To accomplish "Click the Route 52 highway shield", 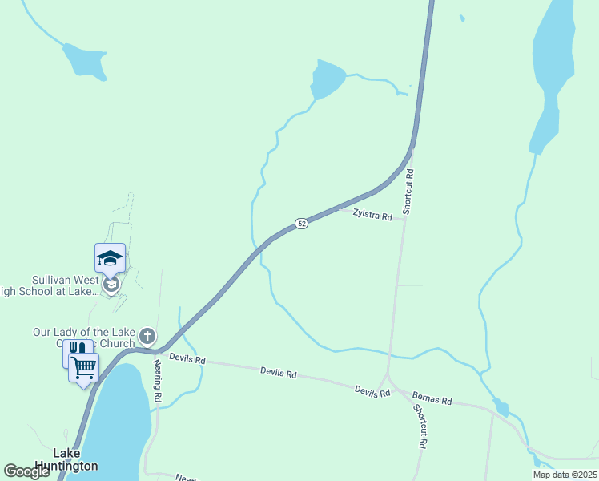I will (x=301, y=224).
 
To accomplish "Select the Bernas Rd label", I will (x=432, y=398).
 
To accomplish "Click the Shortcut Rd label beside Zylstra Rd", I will (x=408, y=192).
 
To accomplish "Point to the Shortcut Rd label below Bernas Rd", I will (x=420, y=425).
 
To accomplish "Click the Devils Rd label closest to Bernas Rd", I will (x=372, y=390).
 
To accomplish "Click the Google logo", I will (x=27, y=471).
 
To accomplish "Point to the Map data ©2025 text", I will (x=564, y=474).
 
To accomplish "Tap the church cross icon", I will (x=147, y=335).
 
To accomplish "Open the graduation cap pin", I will (x=110, y=258).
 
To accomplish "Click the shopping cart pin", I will (x=83, y=367).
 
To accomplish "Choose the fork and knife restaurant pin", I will (x=74, y=350).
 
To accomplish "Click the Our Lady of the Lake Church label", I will (x=84, y=338).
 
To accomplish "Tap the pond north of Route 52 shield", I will (x=328, y=79).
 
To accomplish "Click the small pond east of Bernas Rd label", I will (x=502, y=409).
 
